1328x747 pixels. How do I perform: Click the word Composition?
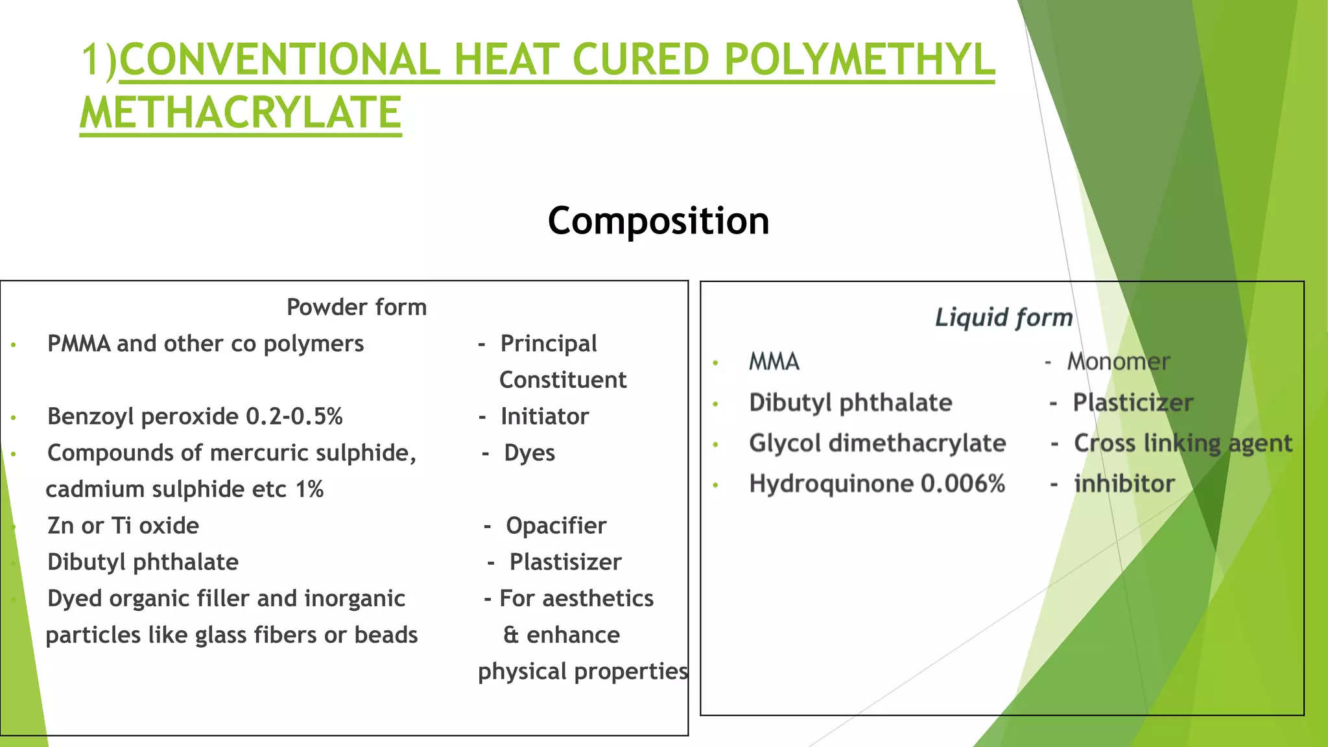[x=658, y=221]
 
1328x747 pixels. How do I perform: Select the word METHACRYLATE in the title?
[x=241, y=113]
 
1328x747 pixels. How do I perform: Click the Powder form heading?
[x=357, y=307]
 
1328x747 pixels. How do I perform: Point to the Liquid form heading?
[x=1004, y=318]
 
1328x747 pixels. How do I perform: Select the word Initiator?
[x=545, y=416]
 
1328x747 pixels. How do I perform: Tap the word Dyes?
[x=530, y=453]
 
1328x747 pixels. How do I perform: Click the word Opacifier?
[x=556, y=526]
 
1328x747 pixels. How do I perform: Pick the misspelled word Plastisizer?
[x=565, y=562]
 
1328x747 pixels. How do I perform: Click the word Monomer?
[x=1119, y=362]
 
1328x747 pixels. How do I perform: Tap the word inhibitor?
[x=1124, y=484]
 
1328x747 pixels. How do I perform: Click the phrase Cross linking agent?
[x=1183, y=444]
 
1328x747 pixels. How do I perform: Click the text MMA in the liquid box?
[x=774, y=362]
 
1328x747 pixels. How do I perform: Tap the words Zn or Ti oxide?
[x=123, y=526]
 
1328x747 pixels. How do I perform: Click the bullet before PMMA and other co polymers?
[x=14, y=345]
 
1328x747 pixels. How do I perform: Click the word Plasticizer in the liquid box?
[x=1133, y=403]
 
